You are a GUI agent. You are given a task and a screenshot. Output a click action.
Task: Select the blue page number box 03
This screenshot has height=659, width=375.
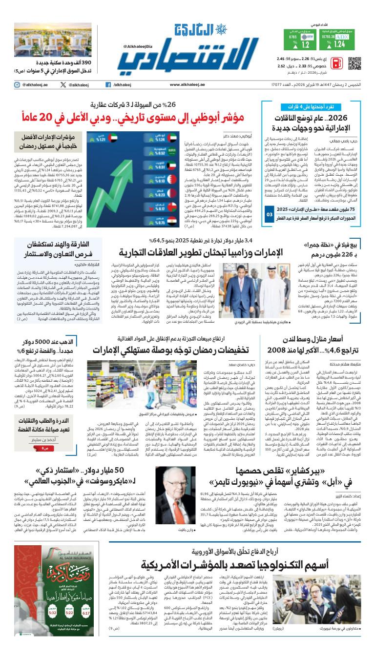[268, 214]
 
